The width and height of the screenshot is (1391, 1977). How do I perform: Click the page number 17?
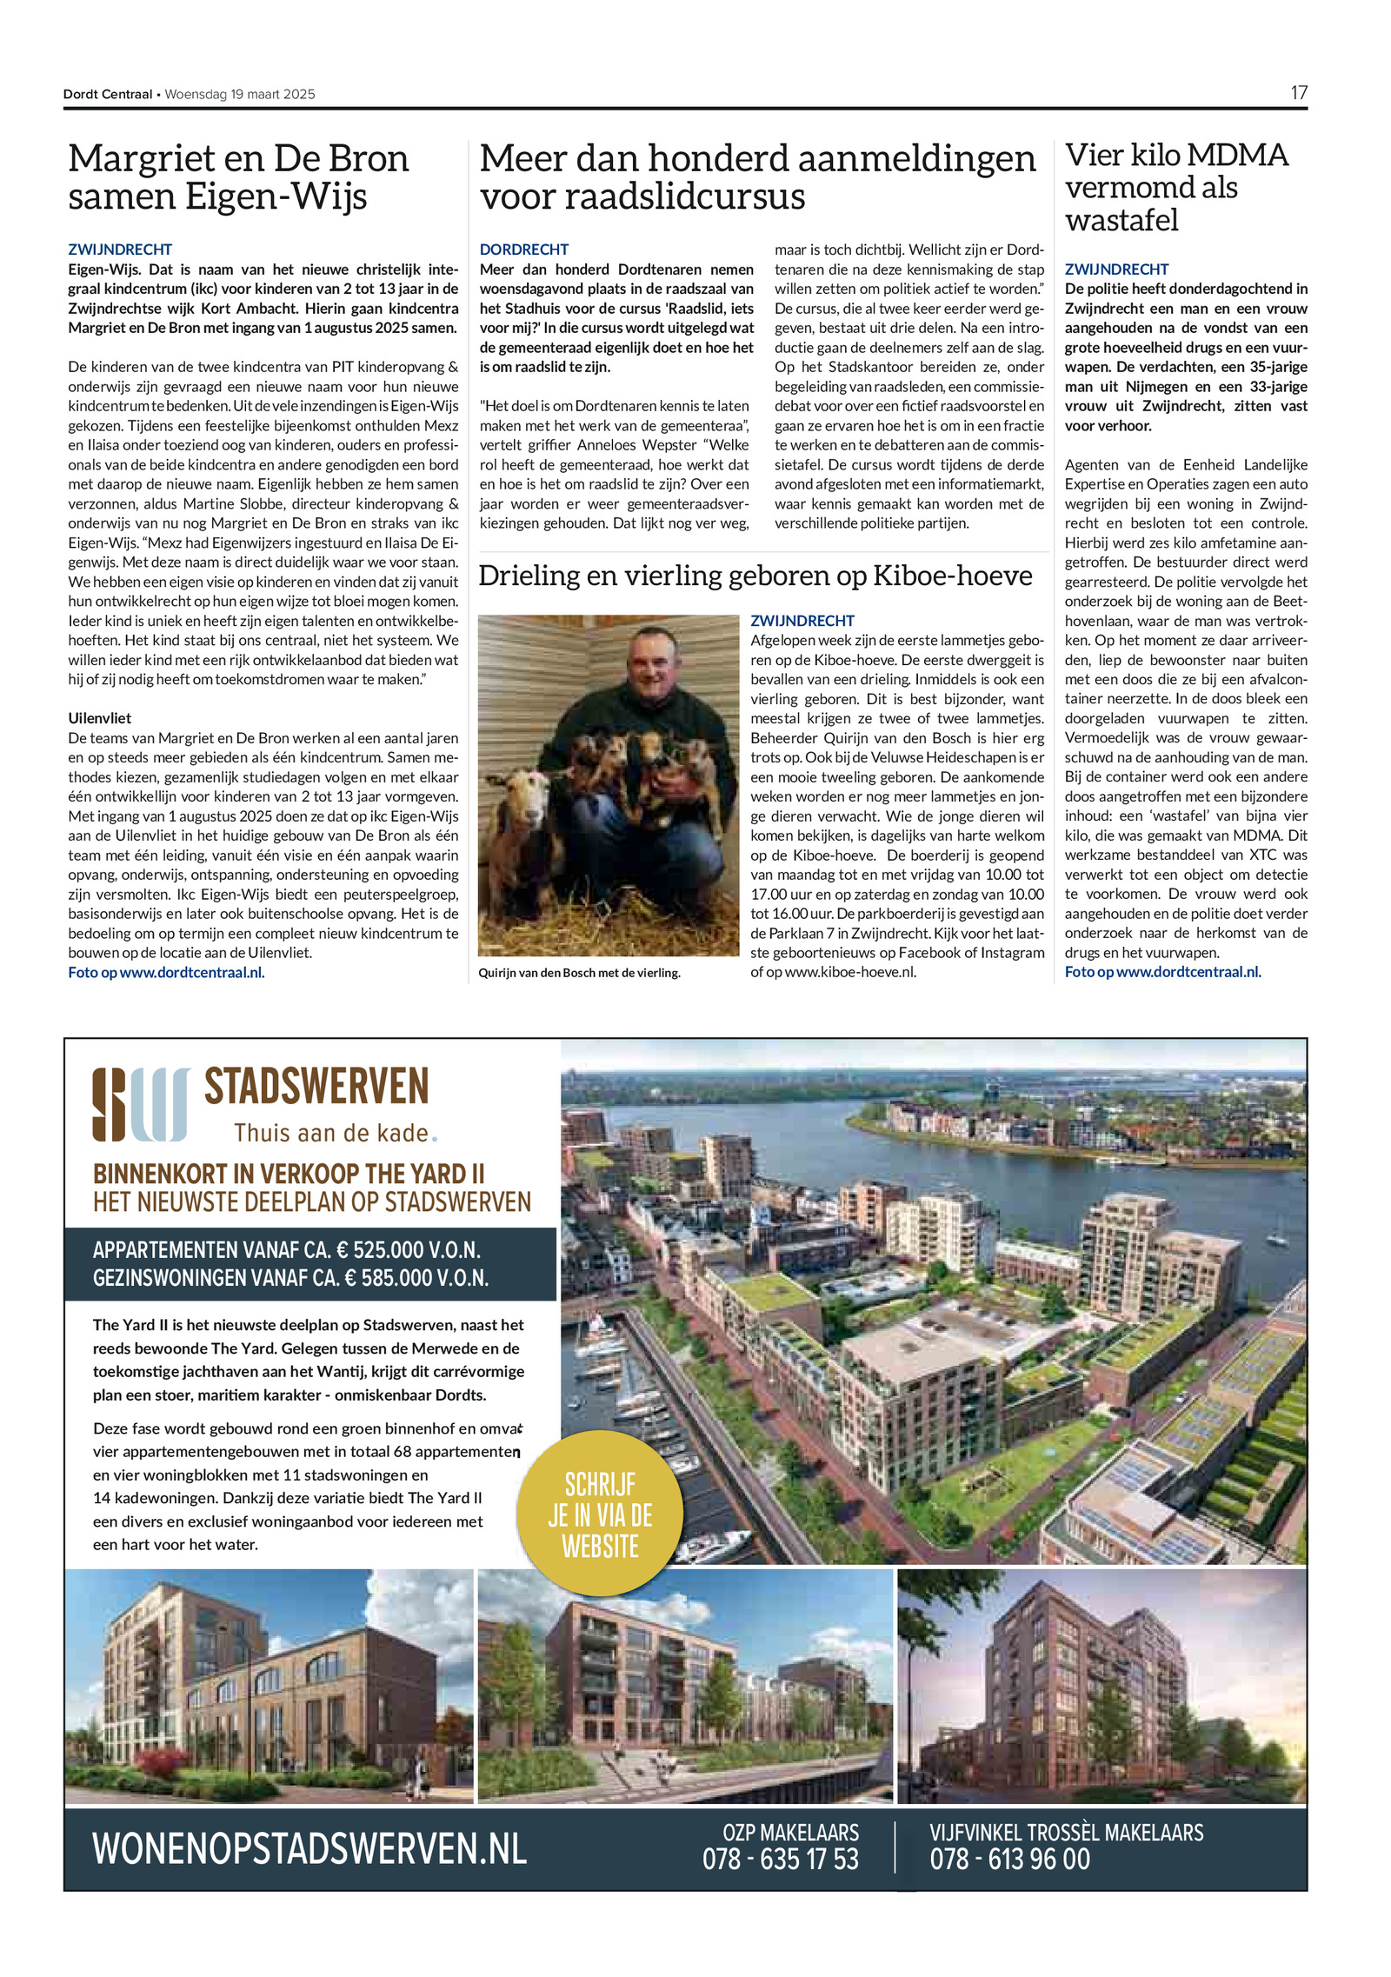(1298, 93)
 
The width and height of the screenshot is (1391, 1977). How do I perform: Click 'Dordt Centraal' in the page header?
(108, 94)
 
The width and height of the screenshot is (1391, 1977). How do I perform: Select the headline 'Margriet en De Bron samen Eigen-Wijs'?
(238, 177)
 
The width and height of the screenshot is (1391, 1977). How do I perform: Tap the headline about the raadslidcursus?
(757, 177)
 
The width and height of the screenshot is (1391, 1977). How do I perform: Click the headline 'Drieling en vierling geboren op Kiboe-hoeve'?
(755, 576)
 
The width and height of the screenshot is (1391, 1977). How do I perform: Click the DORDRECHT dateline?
(523, 250)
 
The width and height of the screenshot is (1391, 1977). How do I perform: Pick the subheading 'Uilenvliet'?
(100, 718)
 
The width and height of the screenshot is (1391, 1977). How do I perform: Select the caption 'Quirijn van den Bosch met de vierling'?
(579, 973)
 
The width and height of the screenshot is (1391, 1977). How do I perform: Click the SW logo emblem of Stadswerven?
(141, 1104)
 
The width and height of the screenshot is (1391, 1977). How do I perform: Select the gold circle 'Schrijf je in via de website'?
(600, 1514)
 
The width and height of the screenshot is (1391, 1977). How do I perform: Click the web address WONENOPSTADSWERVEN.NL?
(309, 1848)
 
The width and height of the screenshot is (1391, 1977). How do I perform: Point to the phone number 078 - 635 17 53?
(780, 1860)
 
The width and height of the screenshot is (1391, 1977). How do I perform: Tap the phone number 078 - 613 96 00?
(1009, 1860)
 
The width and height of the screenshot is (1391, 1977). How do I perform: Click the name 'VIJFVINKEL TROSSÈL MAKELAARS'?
(1066, 1832)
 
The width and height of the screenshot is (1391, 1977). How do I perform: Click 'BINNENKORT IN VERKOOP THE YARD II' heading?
(289, 1174)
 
